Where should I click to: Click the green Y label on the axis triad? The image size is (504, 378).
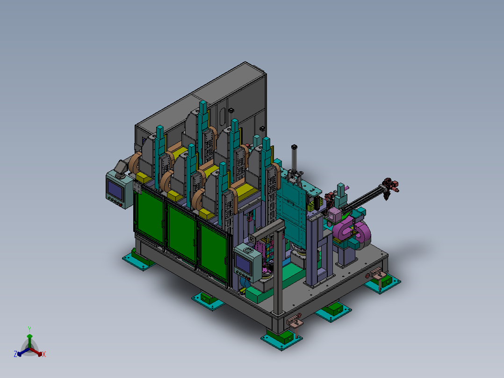pos(29,329)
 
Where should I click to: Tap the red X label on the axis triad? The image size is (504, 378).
pos(44,354)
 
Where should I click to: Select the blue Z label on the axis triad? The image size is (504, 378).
pos(15,354)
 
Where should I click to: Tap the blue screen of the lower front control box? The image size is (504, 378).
pos(243,264)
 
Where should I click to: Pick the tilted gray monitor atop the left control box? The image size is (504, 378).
pos(120,167)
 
